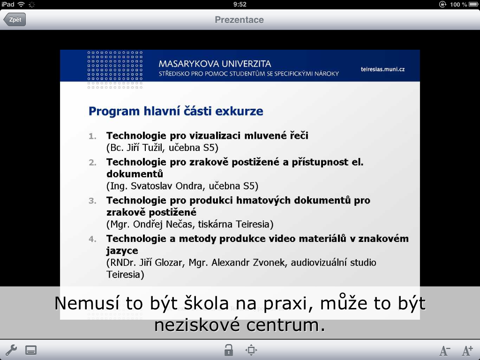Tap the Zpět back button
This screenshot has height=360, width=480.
coord(15,20)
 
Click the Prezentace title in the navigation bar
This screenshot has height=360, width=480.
coord(239,20)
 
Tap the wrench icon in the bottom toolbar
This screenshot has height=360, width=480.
coord(11,350)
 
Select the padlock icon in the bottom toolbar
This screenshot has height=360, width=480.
coord(228,350)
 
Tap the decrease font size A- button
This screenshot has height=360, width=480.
coord(445,351)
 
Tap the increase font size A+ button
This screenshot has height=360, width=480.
coord(467,351)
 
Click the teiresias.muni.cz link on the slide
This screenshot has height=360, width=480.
coord(382,69)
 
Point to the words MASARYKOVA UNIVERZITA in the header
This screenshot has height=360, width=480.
coord(215,64)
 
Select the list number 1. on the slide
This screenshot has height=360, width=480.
coord(92,136)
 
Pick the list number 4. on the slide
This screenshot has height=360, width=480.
coord(92,239)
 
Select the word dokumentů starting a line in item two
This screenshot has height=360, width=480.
coord(135,174)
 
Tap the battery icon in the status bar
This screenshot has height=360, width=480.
coord(473,4)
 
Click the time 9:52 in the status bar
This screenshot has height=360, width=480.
coord(240,4)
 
